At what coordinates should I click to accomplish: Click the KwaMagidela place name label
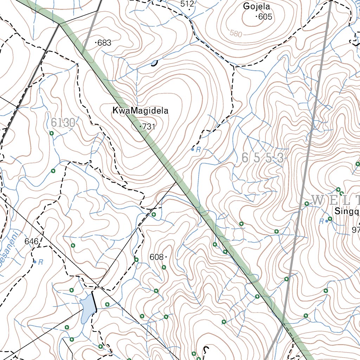click(x=140, y=111)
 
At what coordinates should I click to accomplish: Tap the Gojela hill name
click(x=256, y=6)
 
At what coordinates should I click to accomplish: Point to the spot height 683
click(x=104, y=43)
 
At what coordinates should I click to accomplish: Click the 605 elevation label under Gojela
click(x=265, y=17)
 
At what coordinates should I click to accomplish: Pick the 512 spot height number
click(x=187, y=4)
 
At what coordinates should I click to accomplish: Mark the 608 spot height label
click(x=156, y=257)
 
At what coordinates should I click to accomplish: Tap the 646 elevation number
click(x=31, y=242)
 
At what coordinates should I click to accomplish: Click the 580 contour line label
click(x=236, y=34)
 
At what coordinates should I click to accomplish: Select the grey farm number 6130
click(x=63, y=123)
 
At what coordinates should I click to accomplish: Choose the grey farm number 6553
click(x=263, y=158)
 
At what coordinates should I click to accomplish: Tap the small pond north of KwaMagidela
click(x=154, y=64)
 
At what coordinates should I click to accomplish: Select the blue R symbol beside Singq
click(x=321, y=221)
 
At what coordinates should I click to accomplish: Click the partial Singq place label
click(x=346, y=212)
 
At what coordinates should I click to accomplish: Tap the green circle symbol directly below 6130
click(x=51, y=133)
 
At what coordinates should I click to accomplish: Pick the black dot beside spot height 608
click(x=166, y=257)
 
